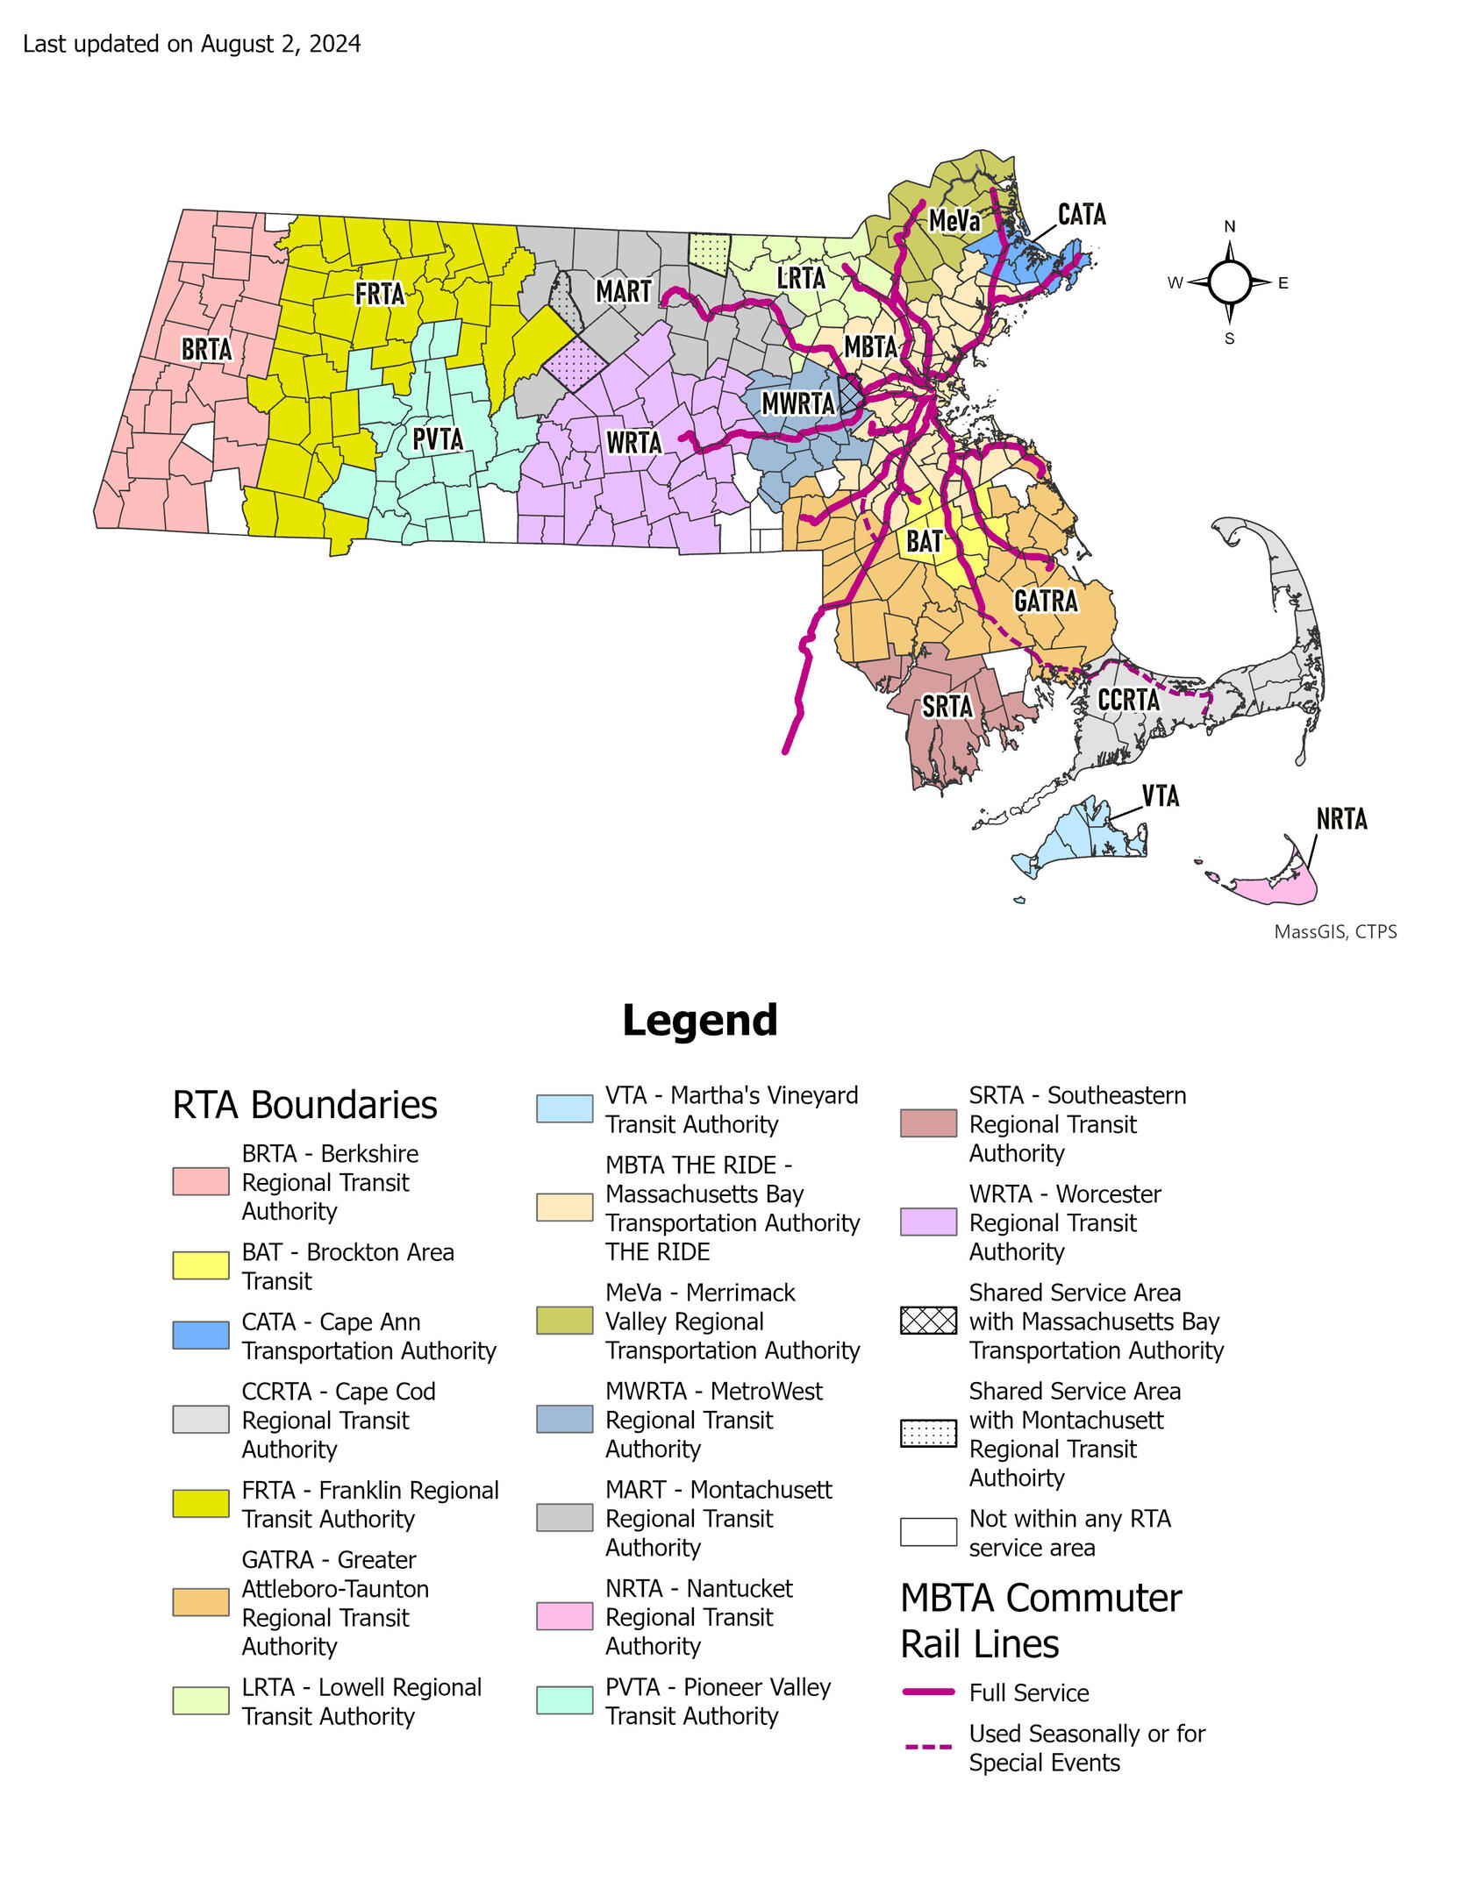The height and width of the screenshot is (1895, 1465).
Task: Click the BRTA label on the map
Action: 207,349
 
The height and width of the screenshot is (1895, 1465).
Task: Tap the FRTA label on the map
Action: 379,293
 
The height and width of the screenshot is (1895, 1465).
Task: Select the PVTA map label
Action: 438,438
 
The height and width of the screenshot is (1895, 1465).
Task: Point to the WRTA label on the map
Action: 633,442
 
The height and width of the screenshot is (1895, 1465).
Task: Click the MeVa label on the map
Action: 954,220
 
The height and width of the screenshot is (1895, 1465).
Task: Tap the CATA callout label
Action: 1082,214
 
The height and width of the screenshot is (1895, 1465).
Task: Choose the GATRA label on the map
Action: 1046,601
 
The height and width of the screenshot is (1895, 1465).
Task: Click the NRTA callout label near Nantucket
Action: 1341,818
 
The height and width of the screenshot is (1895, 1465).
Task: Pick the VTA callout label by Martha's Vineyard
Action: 1160,795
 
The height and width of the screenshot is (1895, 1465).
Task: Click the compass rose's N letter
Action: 1230,226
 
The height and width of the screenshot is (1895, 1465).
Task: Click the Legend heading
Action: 699,1020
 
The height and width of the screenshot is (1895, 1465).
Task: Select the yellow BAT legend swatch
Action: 201,1265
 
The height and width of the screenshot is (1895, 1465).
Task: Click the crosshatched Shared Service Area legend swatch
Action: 928,1321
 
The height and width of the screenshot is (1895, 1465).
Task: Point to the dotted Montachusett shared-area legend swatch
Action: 928,1433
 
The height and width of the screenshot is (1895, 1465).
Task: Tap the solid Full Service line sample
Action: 928,1692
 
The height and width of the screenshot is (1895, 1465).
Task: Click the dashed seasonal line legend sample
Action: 928,1747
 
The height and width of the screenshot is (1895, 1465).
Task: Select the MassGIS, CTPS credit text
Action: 1334,931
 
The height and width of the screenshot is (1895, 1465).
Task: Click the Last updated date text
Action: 191,44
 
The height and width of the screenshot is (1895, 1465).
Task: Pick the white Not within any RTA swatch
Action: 928,1532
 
